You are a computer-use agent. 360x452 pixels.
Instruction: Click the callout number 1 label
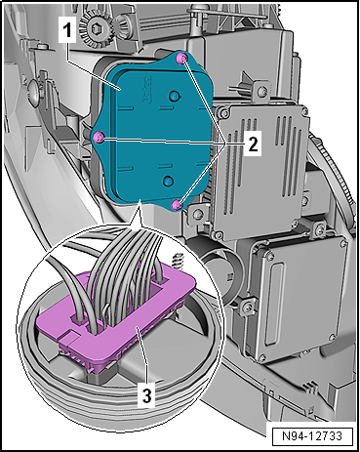67,31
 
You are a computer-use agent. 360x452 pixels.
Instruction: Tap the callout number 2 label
253,144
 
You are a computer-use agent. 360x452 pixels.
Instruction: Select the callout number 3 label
146,395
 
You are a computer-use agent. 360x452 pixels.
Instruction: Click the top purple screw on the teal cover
181,59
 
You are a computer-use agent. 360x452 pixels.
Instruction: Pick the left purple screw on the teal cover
99,138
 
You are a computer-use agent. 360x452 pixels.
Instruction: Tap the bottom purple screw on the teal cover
178,205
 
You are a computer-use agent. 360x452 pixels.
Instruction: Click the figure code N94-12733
312,436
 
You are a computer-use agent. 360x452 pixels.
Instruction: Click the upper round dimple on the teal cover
175,96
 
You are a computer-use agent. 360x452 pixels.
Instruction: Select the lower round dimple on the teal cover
169,181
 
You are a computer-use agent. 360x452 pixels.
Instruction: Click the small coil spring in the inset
176,260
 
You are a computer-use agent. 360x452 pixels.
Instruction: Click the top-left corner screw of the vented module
223,113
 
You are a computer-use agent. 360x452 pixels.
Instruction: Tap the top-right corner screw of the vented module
304,111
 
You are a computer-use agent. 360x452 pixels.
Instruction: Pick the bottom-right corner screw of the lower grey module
332,338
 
